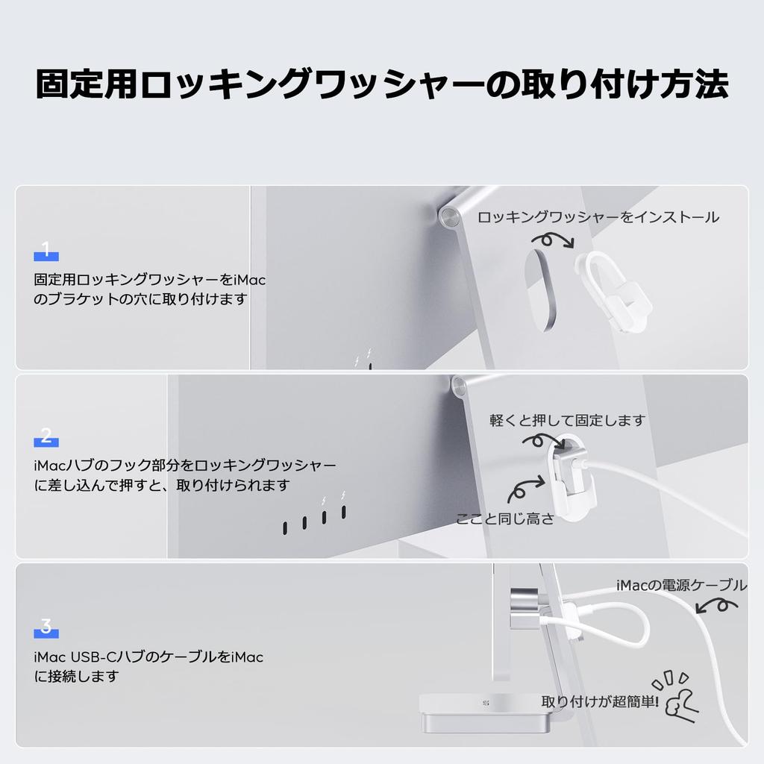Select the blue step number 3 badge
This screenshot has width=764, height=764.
(46, 628)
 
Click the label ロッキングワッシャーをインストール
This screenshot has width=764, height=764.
(598, 217)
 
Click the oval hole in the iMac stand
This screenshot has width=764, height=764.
(539, 289)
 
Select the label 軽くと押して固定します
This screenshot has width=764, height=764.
(567, 420)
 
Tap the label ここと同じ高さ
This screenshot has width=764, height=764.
(505, 519)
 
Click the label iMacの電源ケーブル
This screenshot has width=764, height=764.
(681, 586)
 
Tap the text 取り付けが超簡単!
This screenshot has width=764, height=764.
(600, 701)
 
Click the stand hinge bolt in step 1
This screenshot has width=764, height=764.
(449, 216)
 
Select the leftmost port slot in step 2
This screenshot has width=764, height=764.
(286, 527)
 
